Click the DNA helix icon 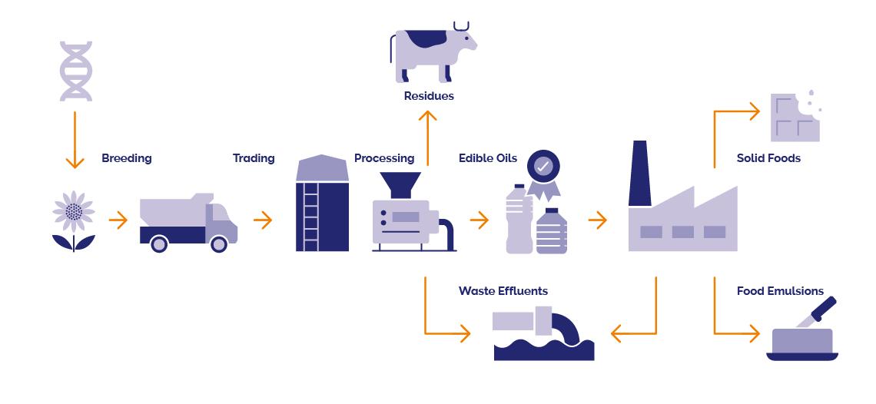pyautogui.click(x=75, y=71)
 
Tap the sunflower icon pyautogui.click(x=74, y=210)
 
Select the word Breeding pyautogui.click(x=127, y=158)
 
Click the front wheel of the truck pyautogui.click(x=219, y=243)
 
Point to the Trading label pyautogui.click(x=254, y=158)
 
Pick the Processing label pyautogui.click(x=384, y=158)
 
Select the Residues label pyautogui.click(x=429, y=96)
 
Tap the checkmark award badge pyautogui.click(x=543, y=167)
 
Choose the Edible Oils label pyautogui.click(x=488, y=158)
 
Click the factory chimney pyautogui.click(x=640, y=174)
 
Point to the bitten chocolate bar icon pyautogui.click(x=795, y=118)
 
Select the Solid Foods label pyautogui.click(x=768, y=158)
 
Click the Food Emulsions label pyautogui.click(x=780, y=291)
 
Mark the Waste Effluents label pyautogui.click(x=503, y=291)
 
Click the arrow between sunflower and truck pyautogui.click(x=118, y=221)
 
